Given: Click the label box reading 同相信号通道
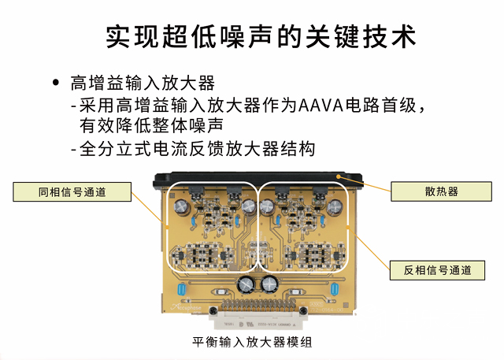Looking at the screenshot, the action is [x=72, y=192].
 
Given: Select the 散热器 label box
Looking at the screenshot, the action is [x=441, y=191].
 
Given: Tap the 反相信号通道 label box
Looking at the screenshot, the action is [x=437, y=270].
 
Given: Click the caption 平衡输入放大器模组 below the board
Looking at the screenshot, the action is [x=252, y=342].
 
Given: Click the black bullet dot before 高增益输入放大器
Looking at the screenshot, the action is [x=56, y=82].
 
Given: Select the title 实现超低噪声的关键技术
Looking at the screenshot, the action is [x=261, y=36].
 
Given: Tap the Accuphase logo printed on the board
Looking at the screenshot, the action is [x=186, y=307].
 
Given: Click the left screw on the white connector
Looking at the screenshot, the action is [x=213, y=310].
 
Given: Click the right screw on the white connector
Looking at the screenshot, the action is [x=302, y=310].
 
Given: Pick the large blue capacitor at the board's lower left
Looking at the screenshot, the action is [x=181, y=289].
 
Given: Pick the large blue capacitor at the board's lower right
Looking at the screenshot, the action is [x=335, y=289].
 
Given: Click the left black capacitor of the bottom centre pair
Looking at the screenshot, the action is [x=246, y=285].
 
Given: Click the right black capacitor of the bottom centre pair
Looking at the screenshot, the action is [x=270, y=285].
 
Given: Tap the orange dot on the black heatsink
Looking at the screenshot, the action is [x=338, y=176].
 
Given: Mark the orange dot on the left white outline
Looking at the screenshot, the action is [x=167, y=227].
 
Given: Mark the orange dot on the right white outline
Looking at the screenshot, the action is [x=347, y=227].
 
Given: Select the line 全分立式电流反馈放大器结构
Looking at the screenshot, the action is [x=197, y=149].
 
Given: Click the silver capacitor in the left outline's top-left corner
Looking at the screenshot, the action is [x=182, y=206].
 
